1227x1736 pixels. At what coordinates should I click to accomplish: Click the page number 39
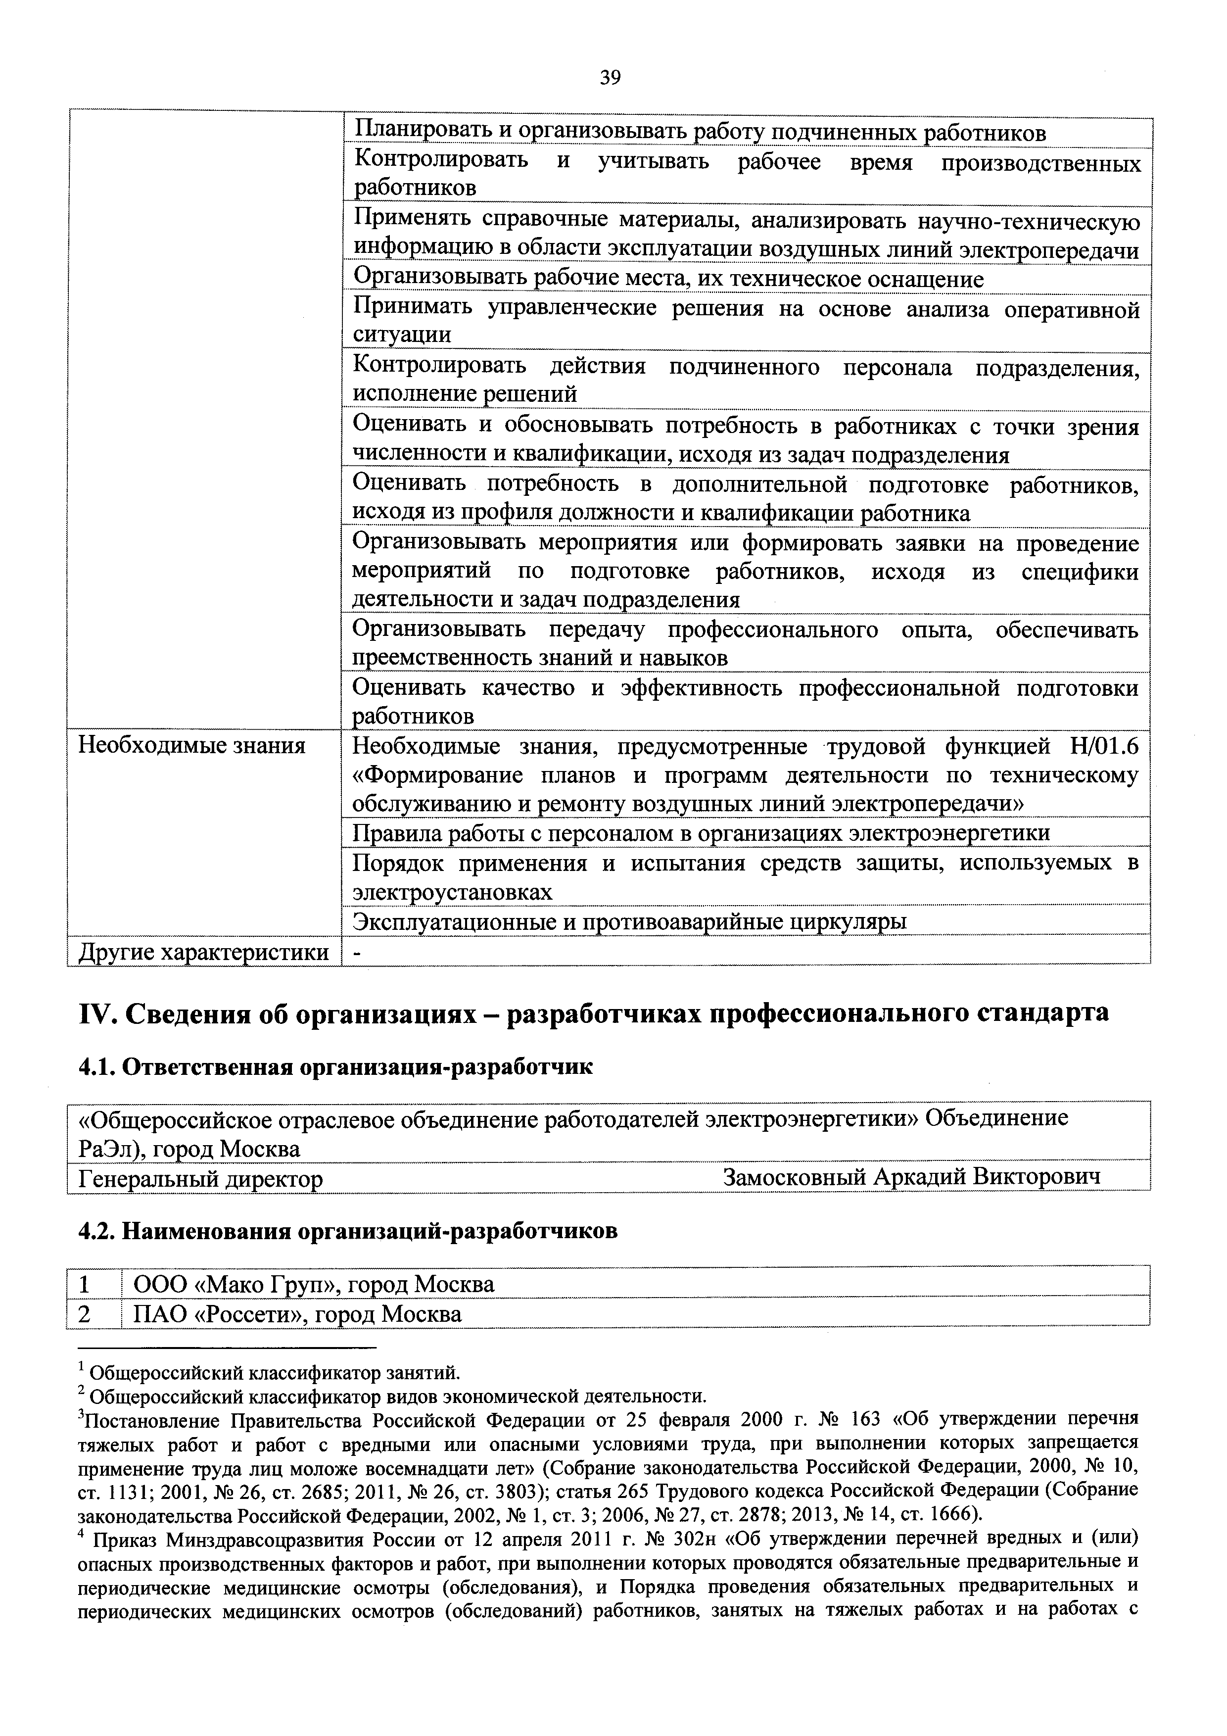(610, 77)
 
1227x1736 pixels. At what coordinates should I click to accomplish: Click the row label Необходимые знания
(192, 746)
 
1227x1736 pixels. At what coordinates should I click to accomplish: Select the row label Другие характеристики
(204, 952)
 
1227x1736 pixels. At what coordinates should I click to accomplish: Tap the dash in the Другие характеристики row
(358, 953)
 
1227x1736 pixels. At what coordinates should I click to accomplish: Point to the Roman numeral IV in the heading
(95, 1013)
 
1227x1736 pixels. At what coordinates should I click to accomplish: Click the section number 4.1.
(96, 1067)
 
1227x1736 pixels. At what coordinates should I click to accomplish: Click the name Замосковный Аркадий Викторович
(911, 1177)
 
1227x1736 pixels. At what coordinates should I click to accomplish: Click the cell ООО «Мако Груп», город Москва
(313, 1284)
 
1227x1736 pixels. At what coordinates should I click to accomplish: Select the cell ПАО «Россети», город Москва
(297, 1314)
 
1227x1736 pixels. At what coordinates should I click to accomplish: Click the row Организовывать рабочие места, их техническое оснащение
(668, 279)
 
